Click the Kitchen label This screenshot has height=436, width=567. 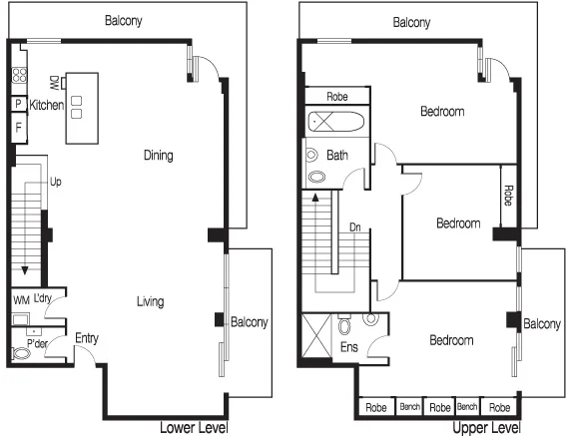47,105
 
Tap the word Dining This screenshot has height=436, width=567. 158,156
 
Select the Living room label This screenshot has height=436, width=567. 151,301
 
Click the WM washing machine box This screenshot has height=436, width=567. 20,300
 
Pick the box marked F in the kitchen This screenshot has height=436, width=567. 18,128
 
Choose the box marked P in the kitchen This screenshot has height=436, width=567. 18,104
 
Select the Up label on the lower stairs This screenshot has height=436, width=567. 56,183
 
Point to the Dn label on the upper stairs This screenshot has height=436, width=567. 354,227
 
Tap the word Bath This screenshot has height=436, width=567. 336,156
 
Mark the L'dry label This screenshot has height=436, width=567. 43,299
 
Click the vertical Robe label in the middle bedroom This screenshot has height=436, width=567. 508,190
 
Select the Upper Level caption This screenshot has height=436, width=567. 486,428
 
